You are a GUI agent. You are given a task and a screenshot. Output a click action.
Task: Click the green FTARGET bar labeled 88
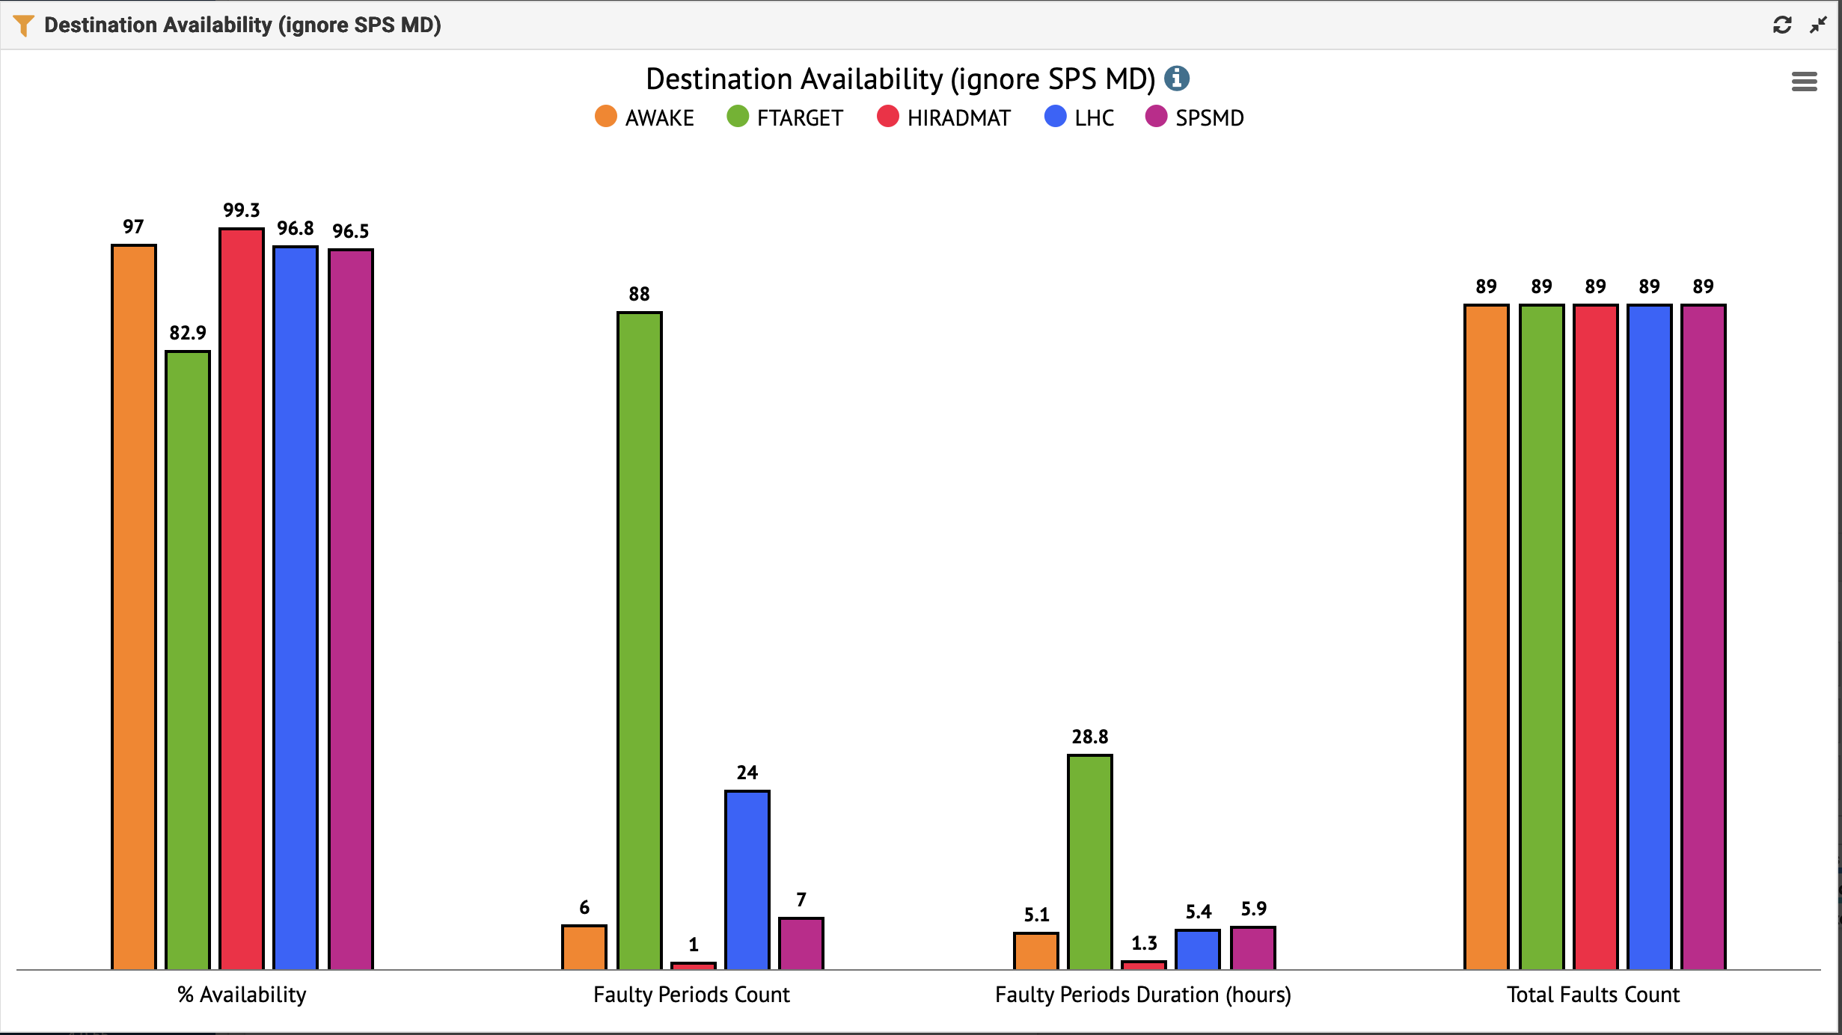640,640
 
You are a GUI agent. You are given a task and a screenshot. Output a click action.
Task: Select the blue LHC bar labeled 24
747,879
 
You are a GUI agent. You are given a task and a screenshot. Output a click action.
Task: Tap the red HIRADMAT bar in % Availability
242,598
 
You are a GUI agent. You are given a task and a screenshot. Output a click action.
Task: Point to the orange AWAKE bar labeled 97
134,606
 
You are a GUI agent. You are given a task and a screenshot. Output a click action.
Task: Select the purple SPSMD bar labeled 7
801,943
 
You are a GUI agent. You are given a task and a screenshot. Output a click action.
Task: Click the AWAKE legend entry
645,117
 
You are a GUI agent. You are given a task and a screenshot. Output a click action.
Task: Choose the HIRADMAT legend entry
943,117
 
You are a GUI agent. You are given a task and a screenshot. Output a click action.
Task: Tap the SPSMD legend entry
1195,117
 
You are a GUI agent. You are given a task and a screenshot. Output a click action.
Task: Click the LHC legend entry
1080,117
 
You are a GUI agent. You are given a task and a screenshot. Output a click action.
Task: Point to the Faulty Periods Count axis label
691,995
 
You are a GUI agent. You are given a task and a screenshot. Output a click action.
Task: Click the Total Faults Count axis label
1593,995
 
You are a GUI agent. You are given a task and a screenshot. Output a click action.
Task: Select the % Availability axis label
242,995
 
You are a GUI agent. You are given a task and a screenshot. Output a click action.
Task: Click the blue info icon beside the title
1177,78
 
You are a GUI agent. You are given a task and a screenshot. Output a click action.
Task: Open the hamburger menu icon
1804,81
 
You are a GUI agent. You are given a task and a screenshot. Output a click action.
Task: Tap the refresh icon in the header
1782,25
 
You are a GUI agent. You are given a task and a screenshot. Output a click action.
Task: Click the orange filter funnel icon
23,25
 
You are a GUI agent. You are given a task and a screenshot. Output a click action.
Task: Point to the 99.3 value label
242,210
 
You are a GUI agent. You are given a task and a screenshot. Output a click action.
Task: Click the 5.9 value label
1254,909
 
